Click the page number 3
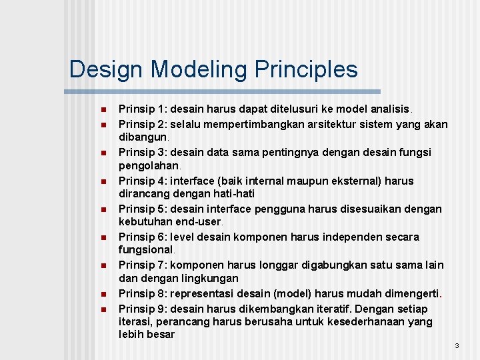tap(457, 345)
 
